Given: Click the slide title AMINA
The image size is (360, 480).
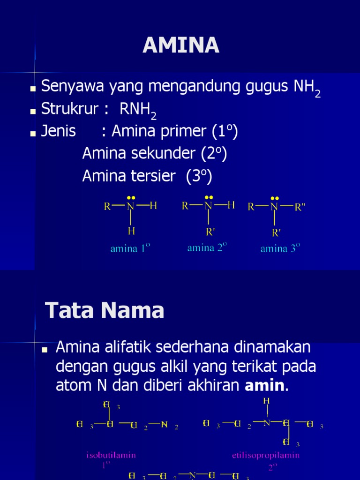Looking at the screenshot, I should coord(180,45).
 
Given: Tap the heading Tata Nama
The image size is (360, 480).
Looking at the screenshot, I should coord(105,310).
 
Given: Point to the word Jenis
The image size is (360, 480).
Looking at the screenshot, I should coord(59,131).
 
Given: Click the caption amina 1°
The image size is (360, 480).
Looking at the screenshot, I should coord(130,248).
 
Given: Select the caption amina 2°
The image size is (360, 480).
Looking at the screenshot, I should coord(207,247).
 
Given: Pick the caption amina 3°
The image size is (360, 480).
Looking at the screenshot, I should coord(280,248).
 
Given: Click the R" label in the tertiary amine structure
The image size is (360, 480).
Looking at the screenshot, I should coord(300,207).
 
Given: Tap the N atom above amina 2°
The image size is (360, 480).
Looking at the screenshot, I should coord(209,205).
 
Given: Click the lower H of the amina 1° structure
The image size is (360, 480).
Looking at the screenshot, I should coord(131,231).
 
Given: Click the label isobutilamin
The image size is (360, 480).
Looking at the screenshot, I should coord(111,455).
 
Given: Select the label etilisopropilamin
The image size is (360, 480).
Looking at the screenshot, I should coord(266,455).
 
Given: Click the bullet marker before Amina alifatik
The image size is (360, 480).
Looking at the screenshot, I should coord(45,350).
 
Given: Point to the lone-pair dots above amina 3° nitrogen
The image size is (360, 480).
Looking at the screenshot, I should coord(274,198).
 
